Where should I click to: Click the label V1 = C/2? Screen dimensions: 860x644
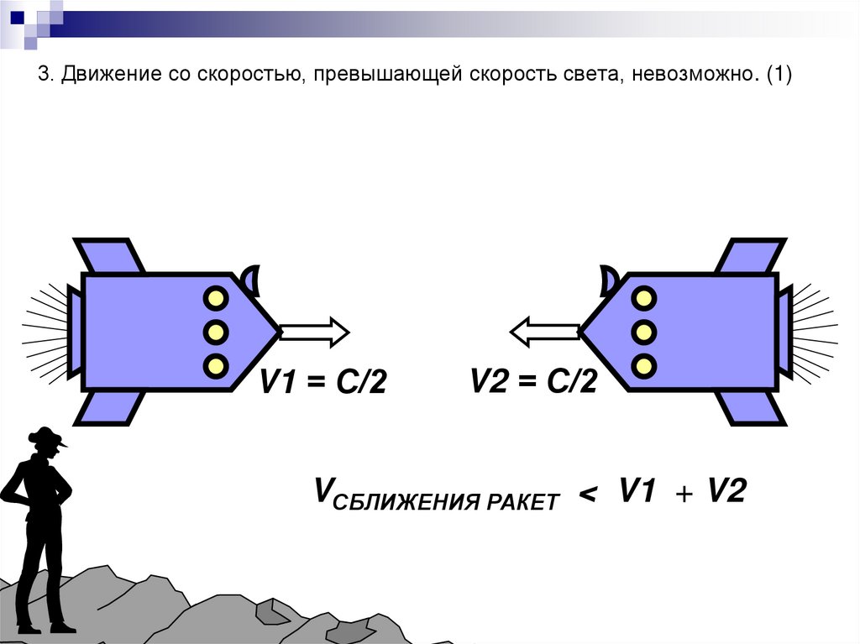322,384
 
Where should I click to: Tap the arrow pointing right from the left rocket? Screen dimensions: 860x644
313,332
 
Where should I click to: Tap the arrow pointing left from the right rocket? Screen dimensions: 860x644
545,332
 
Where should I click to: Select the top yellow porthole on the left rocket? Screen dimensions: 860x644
216,298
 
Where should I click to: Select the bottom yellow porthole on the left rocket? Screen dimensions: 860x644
216,365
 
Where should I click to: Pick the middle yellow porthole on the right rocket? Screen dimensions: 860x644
644,332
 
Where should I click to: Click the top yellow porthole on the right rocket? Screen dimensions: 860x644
644,298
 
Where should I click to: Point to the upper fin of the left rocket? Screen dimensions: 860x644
109,255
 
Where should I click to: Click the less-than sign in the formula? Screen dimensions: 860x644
588,496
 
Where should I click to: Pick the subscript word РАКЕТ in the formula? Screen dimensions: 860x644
522,503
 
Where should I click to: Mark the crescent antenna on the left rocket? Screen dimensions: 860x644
252,278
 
